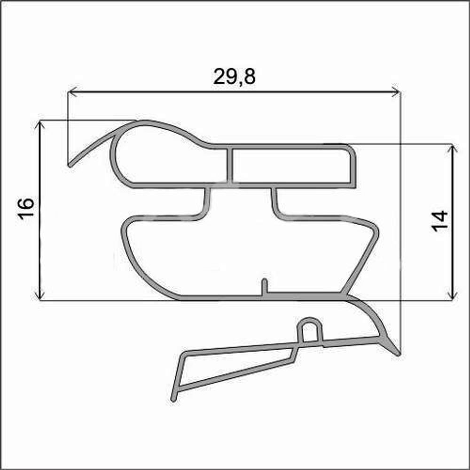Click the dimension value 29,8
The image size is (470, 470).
click(x=234, y=76)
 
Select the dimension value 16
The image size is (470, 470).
click(x=27, y=209)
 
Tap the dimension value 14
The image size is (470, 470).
click(x=440, y=221)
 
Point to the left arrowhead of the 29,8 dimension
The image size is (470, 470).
click(x=71, y=92)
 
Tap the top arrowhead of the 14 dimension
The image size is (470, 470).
click(x=452, y=149)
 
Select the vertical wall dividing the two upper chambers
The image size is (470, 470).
click(x=230, y=165)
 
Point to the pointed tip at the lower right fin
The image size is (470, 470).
click(x=399, y=353)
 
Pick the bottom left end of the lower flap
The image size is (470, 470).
click(x=174, y=399)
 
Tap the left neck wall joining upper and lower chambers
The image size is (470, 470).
click(x=206, y=202)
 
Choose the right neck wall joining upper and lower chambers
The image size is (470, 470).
click(x=274, y=202)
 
